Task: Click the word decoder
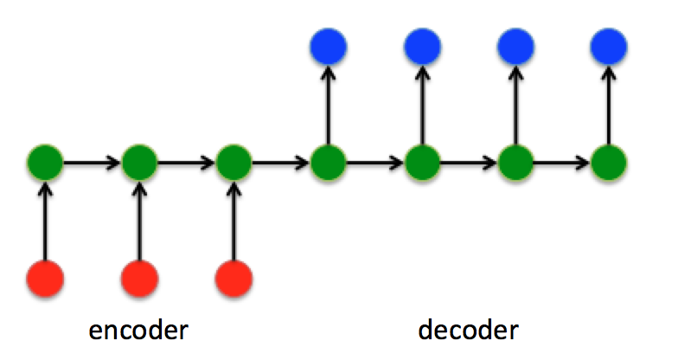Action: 468,330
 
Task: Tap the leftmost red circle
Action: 45,278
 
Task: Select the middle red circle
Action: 139,278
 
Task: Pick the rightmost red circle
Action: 233,278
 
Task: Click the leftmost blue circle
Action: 328,44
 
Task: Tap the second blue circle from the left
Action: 422,44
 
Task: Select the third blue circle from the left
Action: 516,44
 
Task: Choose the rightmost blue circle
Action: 610,44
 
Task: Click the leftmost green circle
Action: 45,161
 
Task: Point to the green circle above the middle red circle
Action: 139,161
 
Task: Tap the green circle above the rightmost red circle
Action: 233,161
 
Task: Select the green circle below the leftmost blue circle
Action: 328,161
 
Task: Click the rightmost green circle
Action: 610,161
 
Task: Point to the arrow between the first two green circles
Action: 92,161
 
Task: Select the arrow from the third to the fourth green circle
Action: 280,161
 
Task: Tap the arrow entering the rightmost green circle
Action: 563,161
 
